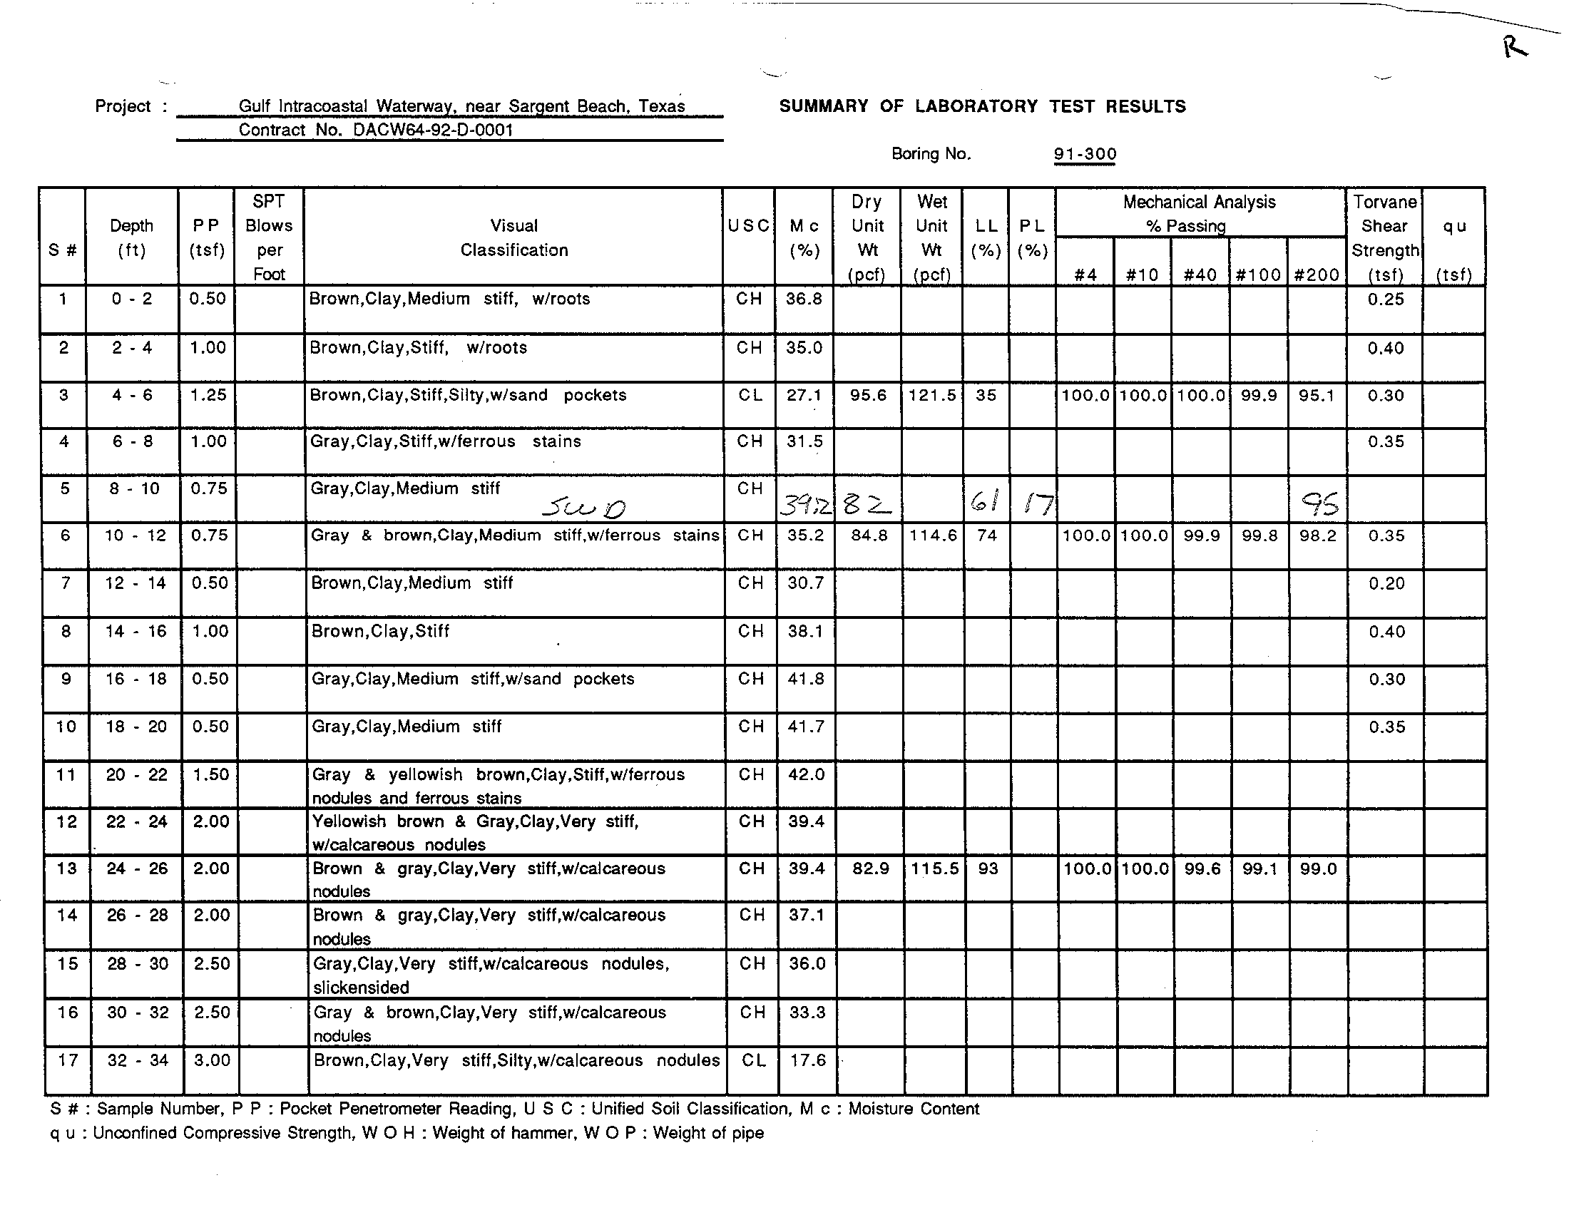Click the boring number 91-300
click(x=1085, y=155)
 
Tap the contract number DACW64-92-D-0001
click(x=432, y=130)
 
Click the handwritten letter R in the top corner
click(x=1514, y=48)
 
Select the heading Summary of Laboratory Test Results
click(x=982, y=107)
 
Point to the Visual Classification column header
click(x=513, y=237)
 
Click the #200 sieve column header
click(x=1316, y=275)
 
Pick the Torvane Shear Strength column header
click(x=1384, y=237)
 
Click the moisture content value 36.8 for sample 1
click(x=804, y=299)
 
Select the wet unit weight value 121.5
click(x=932, y=396)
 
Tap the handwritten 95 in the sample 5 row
click(x=1320, y=506)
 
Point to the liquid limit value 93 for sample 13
click(x=988, y=869)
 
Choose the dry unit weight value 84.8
click(x=869, y=535)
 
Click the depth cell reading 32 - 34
click(x=137, y=1060)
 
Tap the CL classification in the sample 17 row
click(x=753, y=1060)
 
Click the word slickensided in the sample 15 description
click(x=361, y=988)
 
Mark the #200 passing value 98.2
click(x=1317, y=535)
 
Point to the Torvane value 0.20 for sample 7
click(x=1386, y=584)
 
